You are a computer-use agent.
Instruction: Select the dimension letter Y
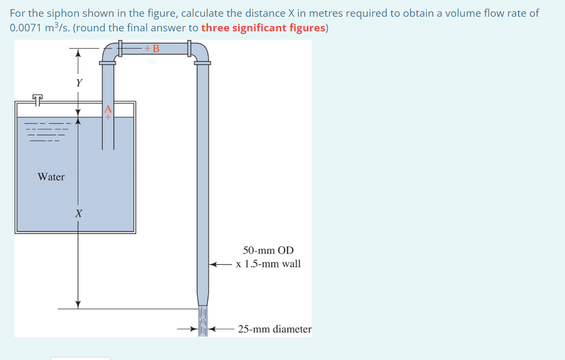[79, 83]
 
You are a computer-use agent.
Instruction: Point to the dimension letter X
[78, 214]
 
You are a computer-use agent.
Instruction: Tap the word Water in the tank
[51, 177]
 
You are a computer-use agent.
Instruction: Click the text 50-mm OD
[268, 250]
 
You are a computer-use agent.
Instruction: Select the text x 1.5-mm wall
[268, 264]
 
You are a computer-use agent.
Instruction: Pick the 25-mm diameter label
[274, 329]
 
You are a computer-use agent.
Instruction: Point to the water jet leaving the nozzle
[203, 322]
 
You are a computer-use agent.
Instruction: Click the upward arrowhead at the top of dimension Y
[78, 52]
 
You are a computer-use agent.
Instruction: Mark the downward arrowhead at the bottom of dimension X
[78, 304]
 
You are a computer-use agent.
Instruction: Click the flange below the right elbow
[203, 63]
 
